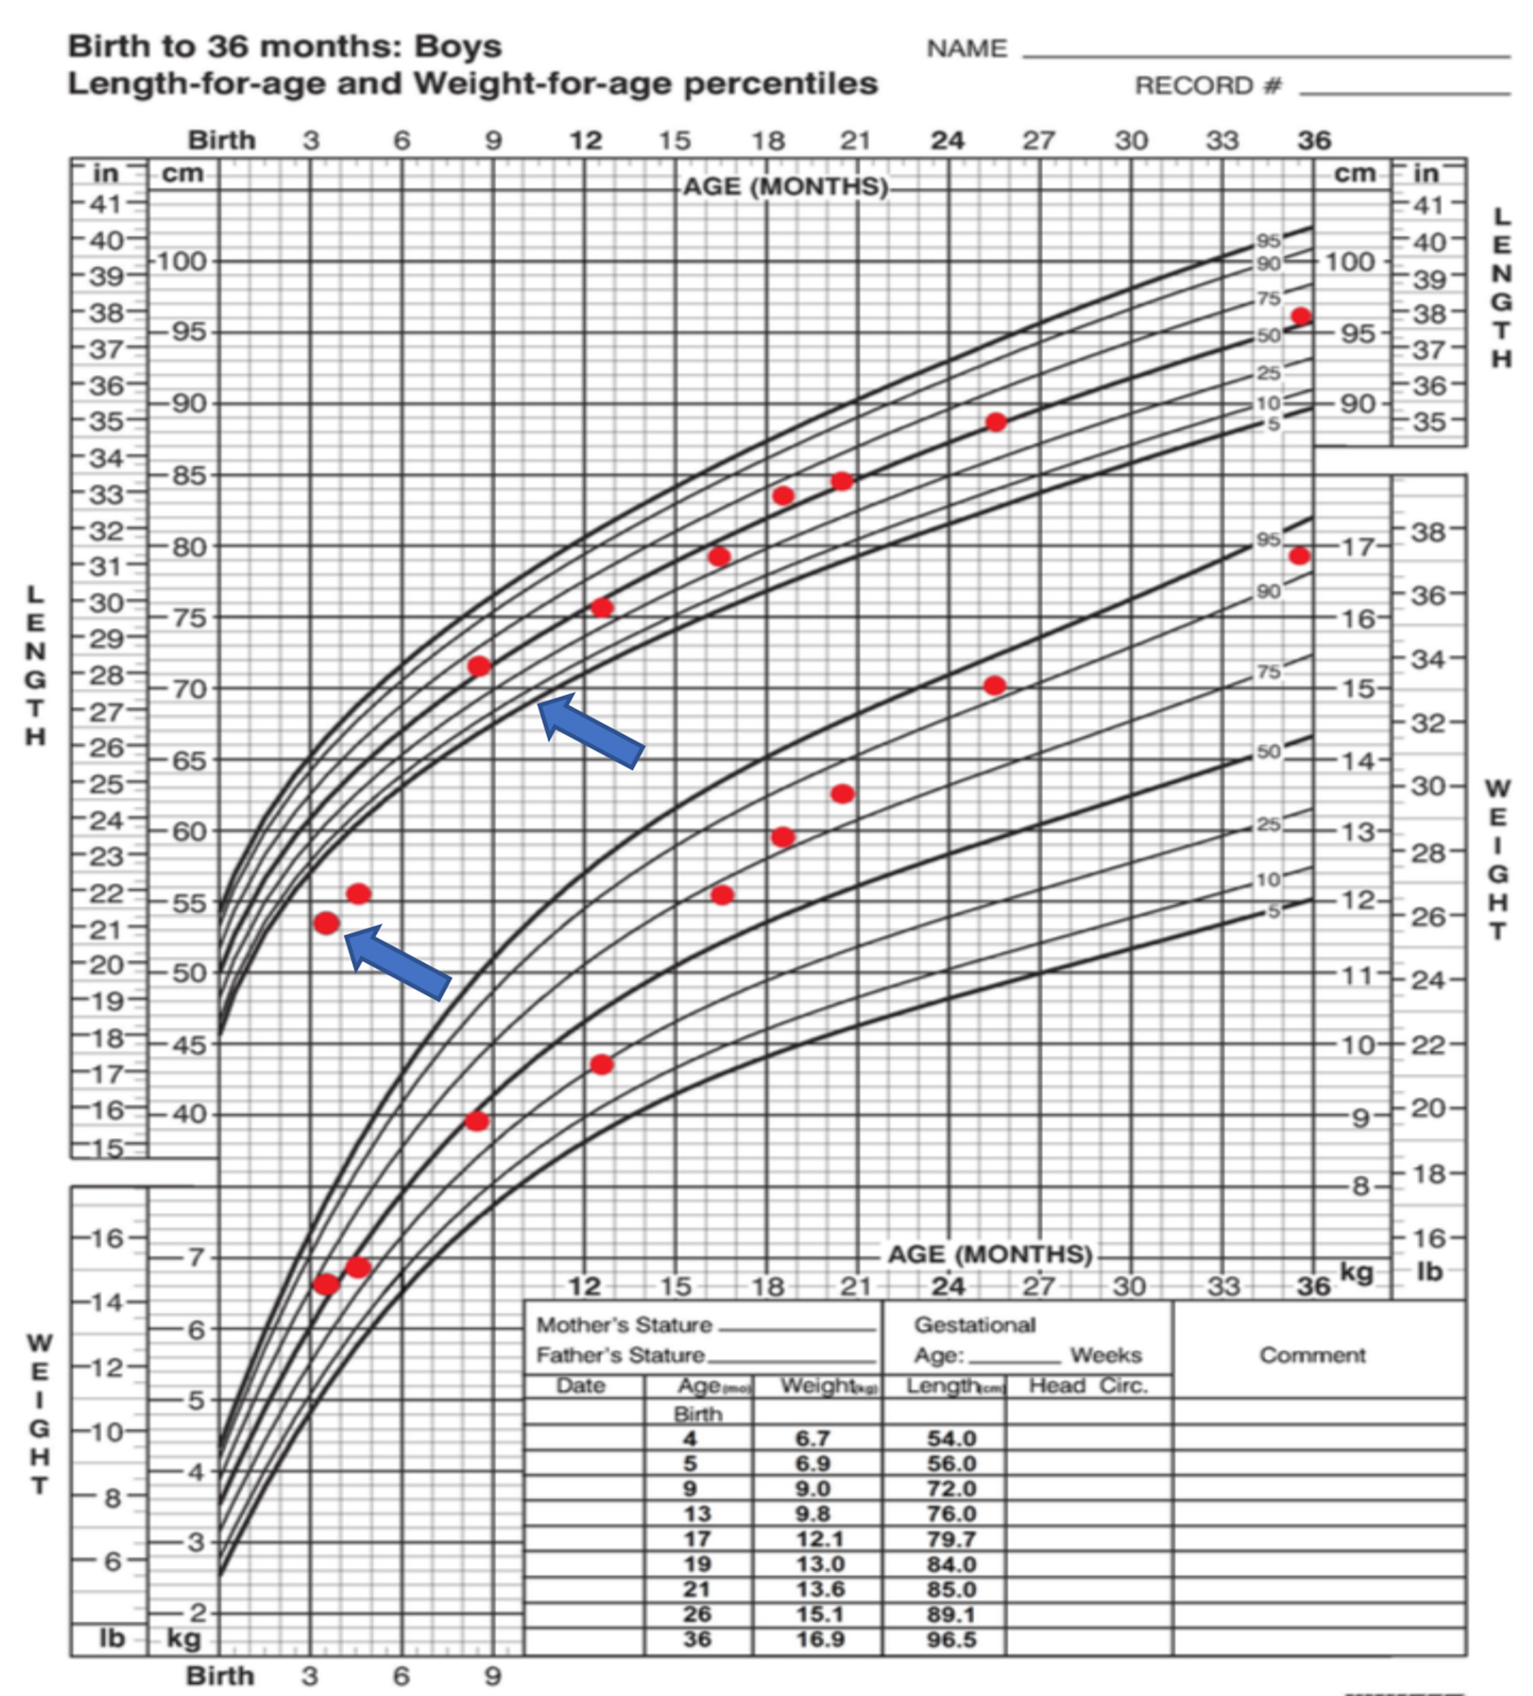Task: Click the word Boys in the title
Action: [x=458, y=46]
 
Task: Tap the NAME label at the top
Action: [x=966, y=48]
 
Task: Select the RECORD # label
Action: [x=1208, y=86]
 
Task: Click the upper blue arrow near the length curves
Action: [x=589, y=730]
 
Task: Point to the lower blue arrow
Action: [x=397, y=961]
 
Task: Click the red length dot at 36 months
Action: [x=1301, y=316]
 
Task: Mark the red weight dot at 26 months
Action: [x=995, y=686]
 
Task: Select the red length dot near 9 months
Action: [x=479, y=666]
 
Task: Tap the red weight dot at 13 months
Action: [x=602, y=1064]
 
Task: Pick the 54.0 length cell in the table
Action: [x=952, y=1438]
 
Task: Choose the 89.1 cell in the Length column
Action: [x=952, y=1614]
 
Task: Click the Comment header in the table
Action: [x=1311, y=1355]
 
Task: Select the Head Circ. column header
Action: [x=1088, y=1386]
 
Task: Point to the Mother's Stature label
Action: [x=624, y=1325]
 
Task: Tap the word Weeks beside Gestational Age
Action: [x=1106, y=1355]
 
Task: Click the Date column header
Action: [x=581, y=1386]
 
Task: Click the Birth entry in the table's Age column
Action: [x=698, y=1414]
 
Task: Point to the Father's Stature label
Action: [x=620, y=1355]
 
